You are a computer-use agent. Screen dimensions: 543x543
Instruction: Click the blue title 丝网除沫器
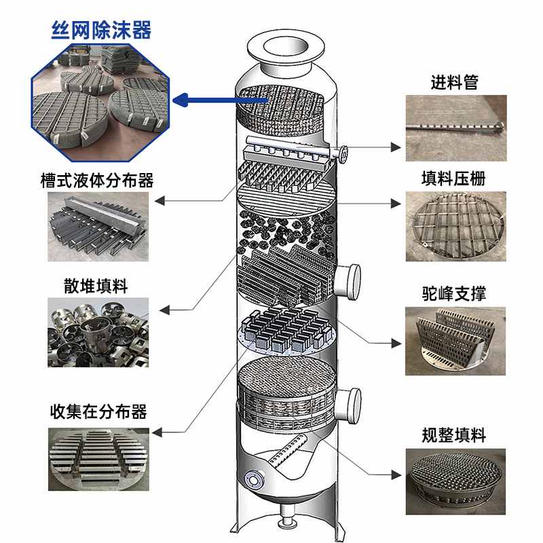tap(101, 30)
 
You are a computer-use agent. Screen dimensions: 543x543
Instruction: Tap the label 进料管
tap(454, 83)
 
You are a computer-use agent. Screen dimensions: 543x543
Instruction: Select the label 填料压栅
tap(454, 179)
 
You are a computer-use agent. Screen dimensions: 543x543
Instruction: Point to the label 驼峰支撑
tap(454, 293)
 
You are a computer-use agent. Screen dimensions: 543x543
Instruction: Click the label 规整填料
tap(454, 434)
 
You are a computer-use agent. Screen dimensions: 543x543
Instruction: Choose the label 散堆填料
tap(98, 286)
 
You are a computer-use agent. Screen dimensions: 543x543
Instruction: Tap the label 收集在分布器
tap(98, 411)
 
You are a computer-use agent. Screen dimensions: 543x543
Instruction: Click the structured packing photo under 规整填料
tap(455, 479)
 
